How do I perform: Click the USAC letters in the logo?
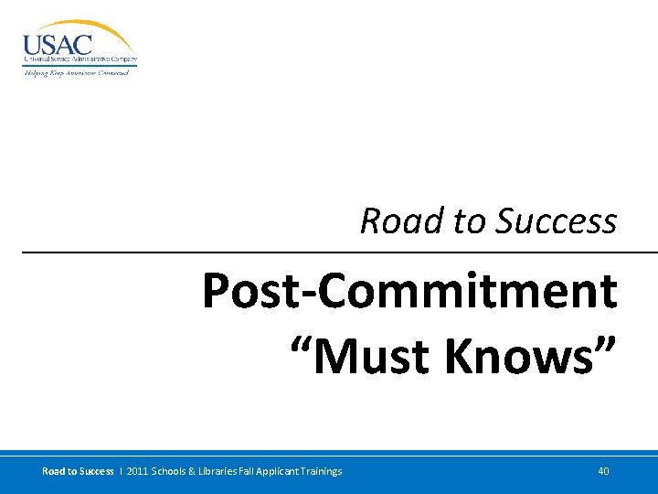pos(57,45)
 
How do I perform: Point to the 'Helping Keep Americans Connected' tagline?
pos(76,72)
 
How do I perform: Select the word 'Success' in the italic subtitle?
pos(557,221)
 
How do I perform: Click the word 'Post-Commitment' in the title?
pos(409,291)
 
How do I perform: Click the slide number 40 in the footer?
pos(603,471)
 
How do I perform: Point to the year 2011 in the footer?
pos(135,471)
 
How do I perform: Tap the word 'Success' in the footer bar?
pos(96,471)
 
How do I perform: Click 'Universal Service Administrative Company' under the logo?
pos(80,60)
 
